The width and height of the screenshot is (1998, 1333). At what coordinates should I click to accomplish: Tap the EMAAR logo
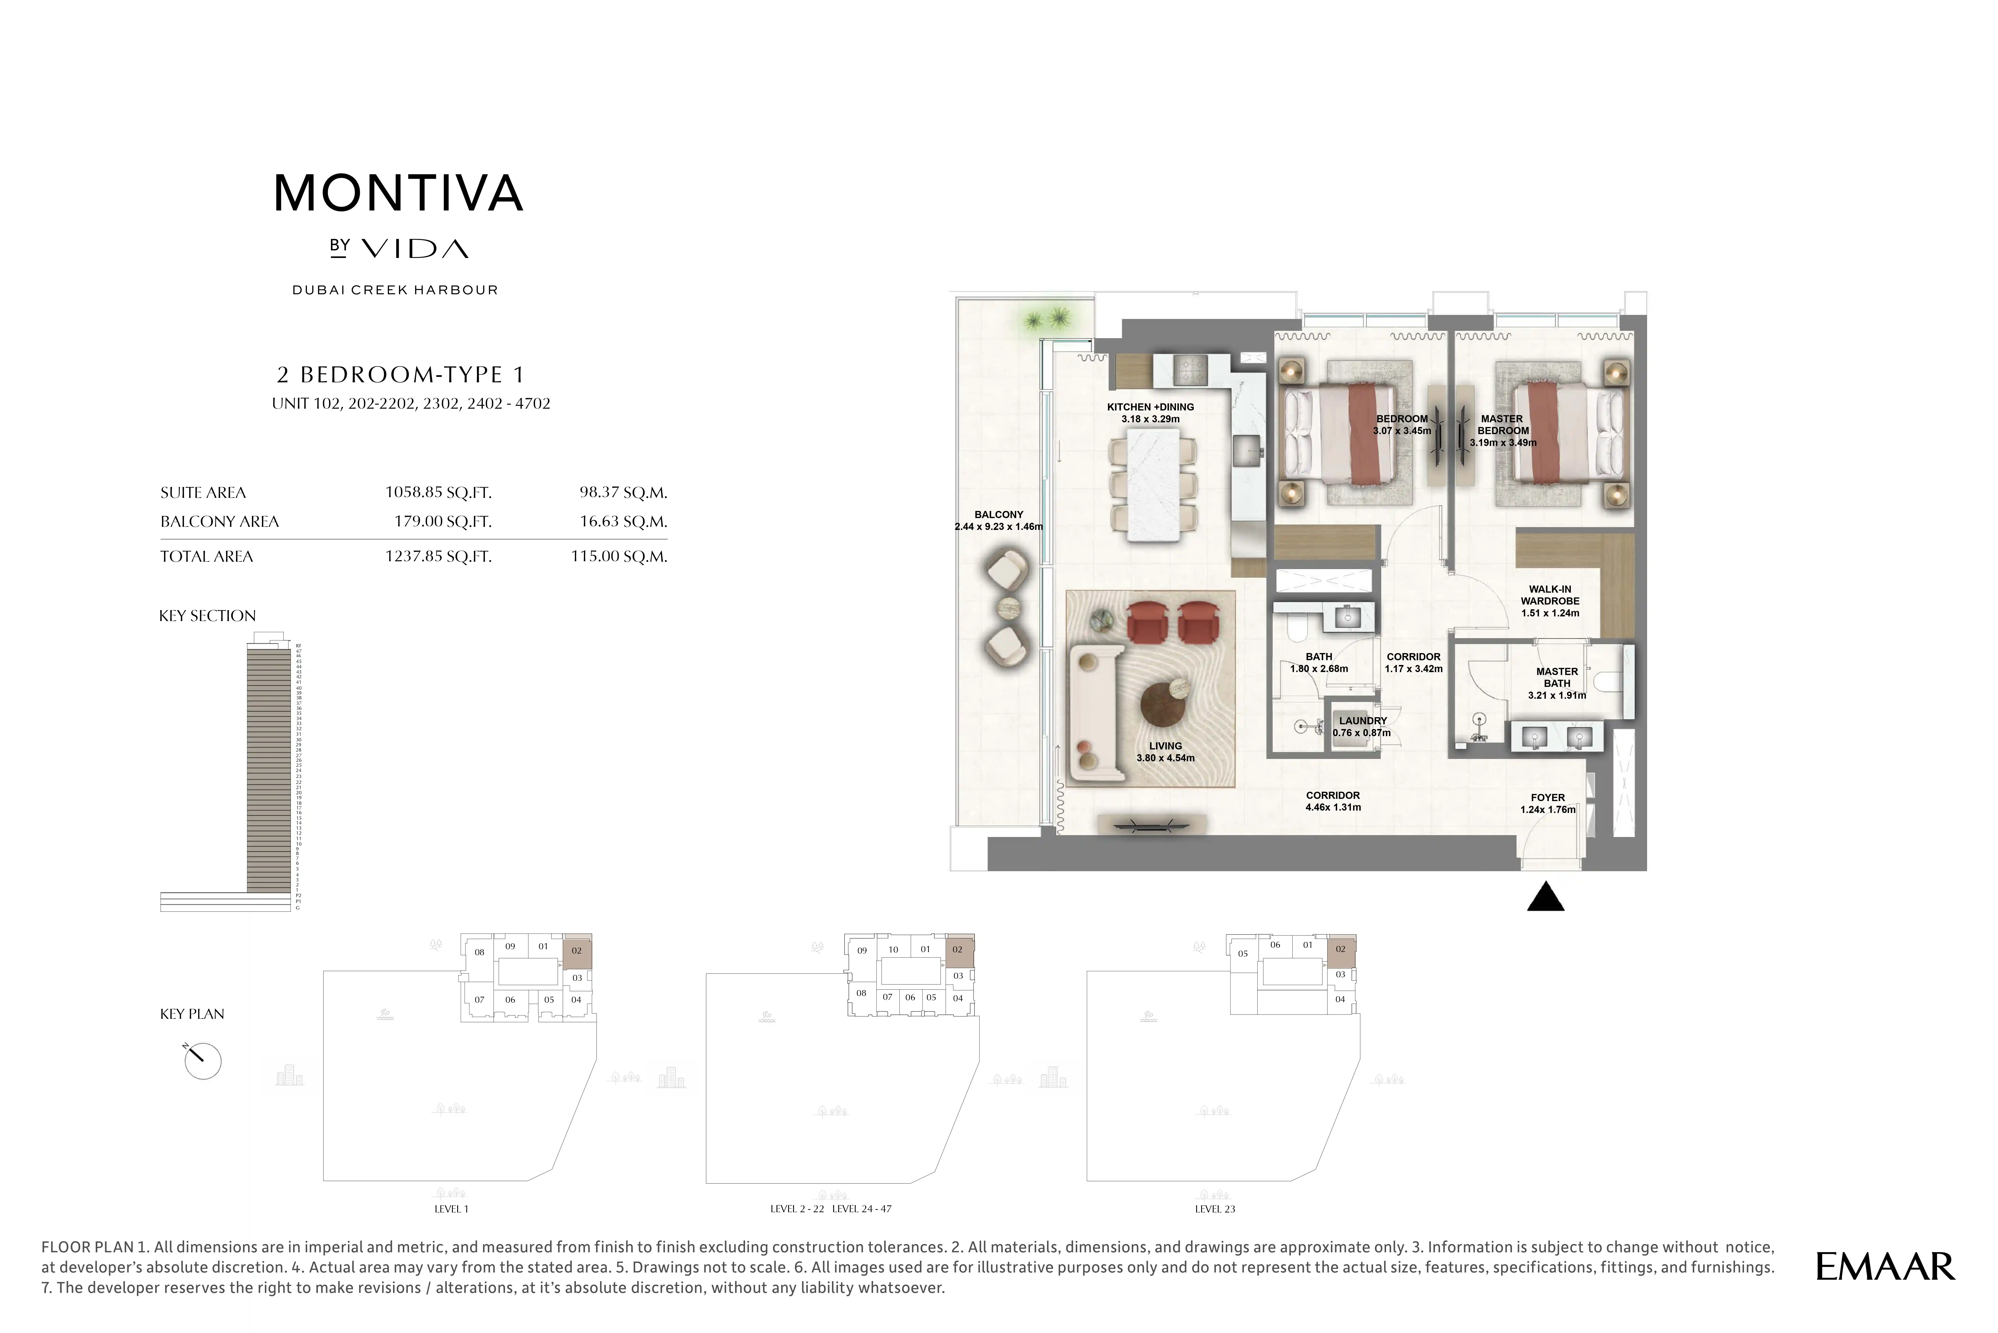pos(1885,1267)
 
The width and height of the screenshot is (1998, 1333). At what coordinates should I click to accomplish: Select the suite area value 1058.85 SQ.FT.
pos(438,492)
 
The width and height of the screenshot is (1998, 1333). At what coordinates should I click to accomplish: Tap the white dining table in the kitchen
pos(1154,484)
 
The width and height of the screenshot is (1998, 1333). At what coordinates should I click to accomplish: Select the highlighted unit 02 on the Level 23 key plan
pos(1341,949)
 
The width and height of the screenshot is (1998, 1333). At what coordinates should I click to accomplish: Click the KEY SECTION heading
pos(207,616)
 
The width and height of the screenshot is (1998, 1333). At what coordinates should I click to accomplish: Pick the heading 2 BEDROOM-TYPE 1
pos(400,375)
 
